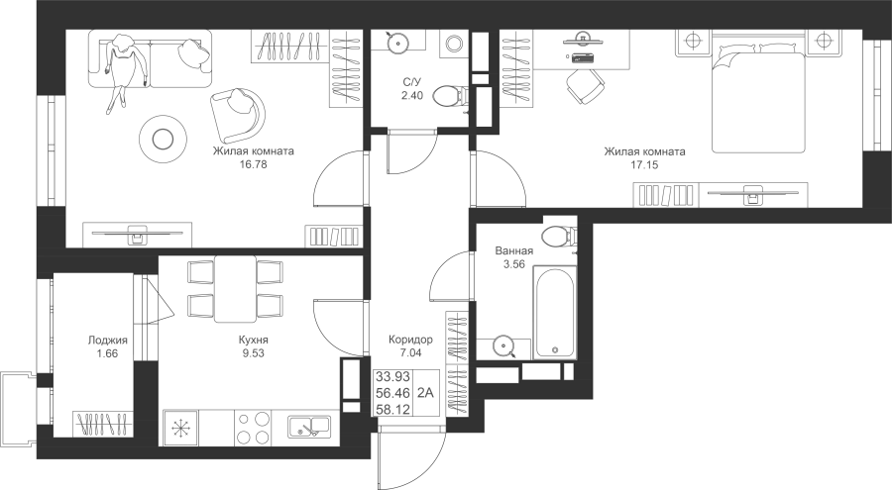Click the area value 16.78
pyautogui.click(x=254, y=165)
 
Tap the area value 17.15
pyautogui.click(x=644, y=165)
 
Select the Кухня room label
pyautogui.click(x=253, y=340)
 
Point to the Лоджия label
pyautogui.click(x=107, y=341)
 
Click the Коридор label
pyautogui.click(x=410, y=340)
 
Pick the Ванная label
pyautogui.click(x=513, y=251)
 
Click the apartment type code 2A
pyautogui.click(x=425, y=392)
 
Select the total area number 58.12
pyautogui.click(x=393, y=409)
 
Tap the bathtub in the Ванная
pyautogui.click(x=555, y=312)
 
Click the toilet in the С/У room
pyautogui.click(x=449, y=96)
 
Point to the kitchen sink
pyautogui.click(x=309, y=427)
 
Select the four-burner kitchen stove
pyautogui.click(x=253, y=428)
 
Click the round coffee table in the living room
pyautogui.click(x=164, y=139)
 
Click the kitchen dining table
pyautogui.click(x=235, y=289)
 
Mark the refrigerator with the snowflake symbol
pyautogui.click(x=181, y=428)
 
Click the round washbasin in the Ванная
pyautogui.click(x=502, y=345)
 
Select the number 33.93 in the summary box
pyautogui.click(x=393, y=377)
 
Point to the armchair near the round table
pyautogui.click(x=237, y=114)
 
